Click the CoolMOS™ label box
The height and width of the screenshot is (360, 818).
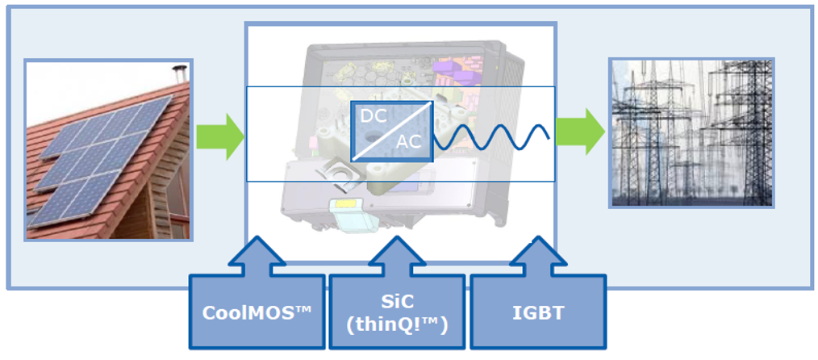[257, 312]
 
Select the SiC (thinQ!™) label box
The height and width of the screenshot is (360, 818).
[397, 312]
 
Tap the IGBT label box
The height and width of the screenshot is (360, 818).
[538, 312]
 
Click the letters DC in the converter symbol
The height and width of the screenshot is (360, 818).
[374, 116]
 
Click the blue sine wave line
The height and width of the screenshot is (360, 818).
[491, 137]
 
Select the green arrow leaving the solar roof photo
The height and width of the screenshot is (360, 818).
[220, 136]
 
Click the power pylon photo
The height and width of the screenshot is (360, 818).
[692, 133]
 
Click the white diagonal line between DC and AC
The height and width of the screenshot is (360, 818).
[392, 132]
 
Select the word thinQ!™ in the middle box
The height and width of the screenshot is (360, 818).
[397, 325]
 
